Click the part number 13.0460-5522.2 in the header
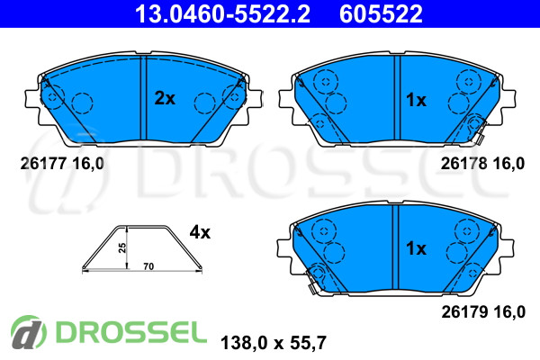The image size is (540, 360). pos(222,13)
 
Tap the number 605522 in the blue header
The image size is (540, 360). pos(381,13)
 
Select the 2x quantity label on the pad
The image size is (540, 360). pos(165,98)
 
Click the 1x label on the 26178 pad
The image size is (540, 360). pos(416,100)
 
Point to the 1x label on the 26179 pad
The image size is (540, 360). pos(416,248)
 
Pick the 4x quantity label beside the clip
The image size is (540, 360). pos(200,232)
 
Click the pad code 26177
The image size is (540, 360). pos(43,163)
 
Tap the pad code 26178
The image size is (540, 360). pos(463,163)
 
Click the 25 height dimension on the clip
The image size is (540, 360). pos(122,247)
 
